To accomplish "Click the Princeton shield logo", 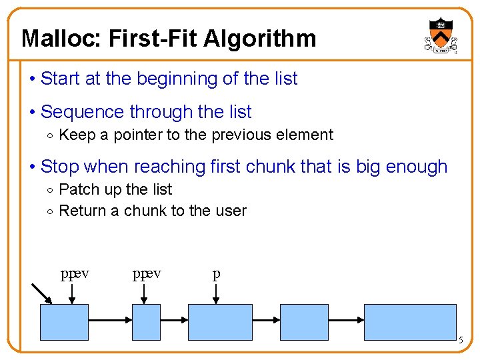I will point(440,35).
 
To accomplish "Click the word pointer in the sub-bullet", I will point(138,135).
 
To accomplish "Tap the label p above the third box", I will point(216,274).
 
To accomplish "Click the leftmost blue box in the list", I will point(65,322).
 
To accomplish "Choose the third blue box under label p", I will point(221,322).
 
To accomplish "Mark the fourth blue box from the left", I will point(303,322).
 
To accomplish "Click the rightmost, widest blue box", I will point(410,322).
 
